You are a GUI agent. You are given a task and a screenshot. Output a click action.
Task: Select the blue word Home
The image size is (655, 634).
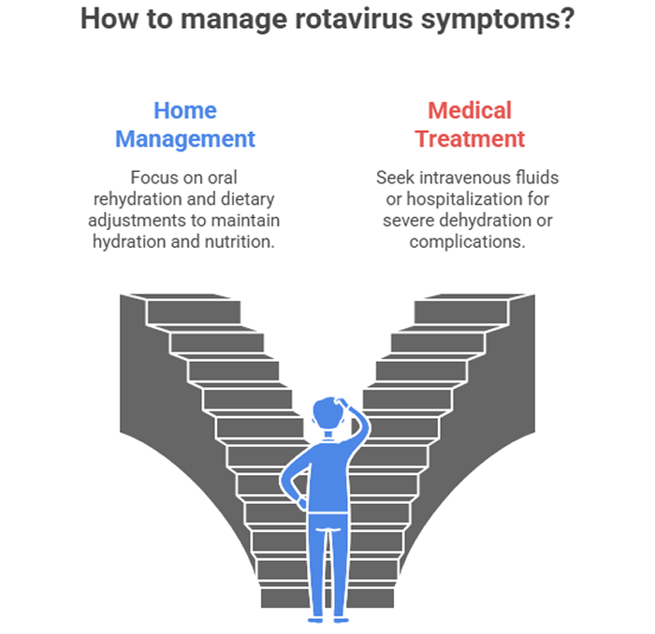click(x=185, y=110)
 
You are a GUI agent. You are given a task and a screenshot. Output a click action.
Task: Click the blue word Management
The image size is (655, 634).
click(x=185, y=139)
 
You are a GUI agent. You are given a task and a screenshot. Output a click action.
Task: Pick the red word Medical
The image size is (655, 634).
click(x=470, y=110)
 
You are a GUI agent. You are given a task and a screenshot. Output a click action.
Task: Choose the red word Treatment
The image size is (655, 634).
click(x=470, y=139)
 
